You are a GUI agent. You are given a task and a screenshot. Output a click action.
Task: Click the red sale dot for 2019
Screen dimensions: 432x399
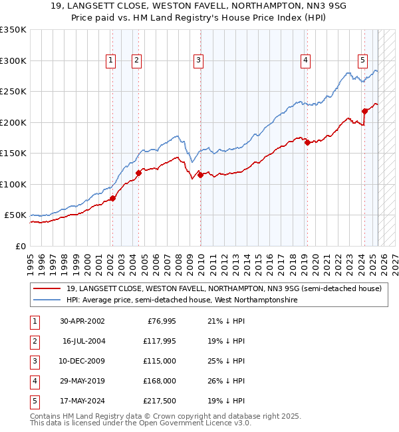pos(307,142)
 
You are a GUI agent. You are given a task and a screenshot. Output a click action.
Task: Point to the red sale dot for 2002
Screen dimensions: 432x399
pos(113,198)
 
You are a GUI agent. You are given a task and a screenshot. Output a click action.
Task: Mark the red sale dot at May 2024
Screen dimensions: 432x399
pos(364,111)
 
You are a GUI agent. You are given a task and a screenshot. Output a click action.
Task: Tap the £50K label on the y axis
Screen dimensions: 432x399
pos(16,215)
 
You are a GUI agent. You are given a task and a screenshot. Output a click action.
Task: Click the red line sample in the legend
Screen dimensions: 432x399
pos(47,288)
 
